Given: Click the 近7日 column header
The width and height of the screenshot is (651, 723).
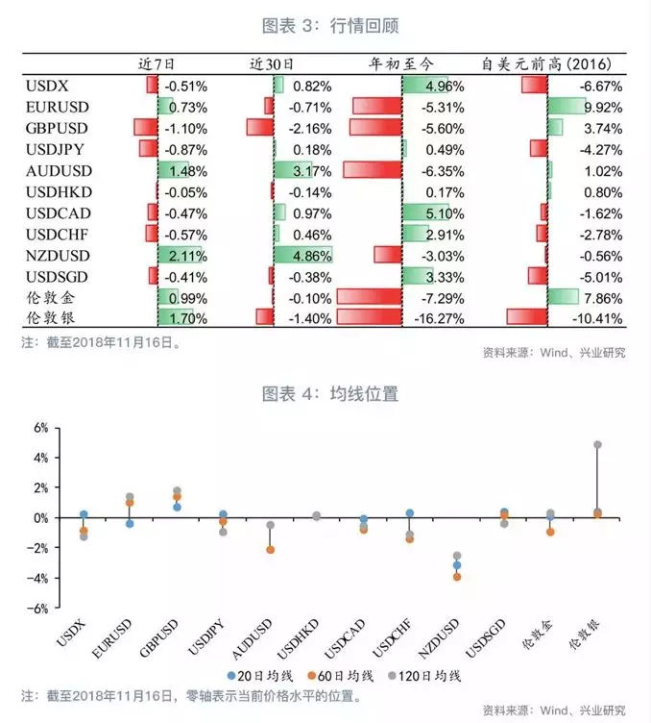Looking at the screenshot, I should pyautogui.click(x=157, y=64).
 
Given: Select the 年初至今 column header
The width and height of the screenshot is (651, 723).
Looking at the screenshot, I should pyautogui.click(x=401, y=64).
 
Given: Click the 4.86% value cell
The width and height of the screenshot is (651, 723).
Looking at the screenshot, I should pyautogui.click(x=313, y=256).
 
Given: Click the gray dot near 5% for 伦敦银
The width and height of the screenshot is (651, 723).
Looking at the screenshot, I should pyautogui.click(x=597, y=445).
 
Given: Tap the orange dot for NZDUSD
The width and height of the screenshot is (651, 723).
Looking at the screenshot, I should pyautogui.click(x=458, y=577).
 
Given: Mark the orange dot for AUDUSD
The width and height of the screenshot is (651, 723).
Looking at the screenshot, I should pyautogui.click(x=271, y=550).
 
